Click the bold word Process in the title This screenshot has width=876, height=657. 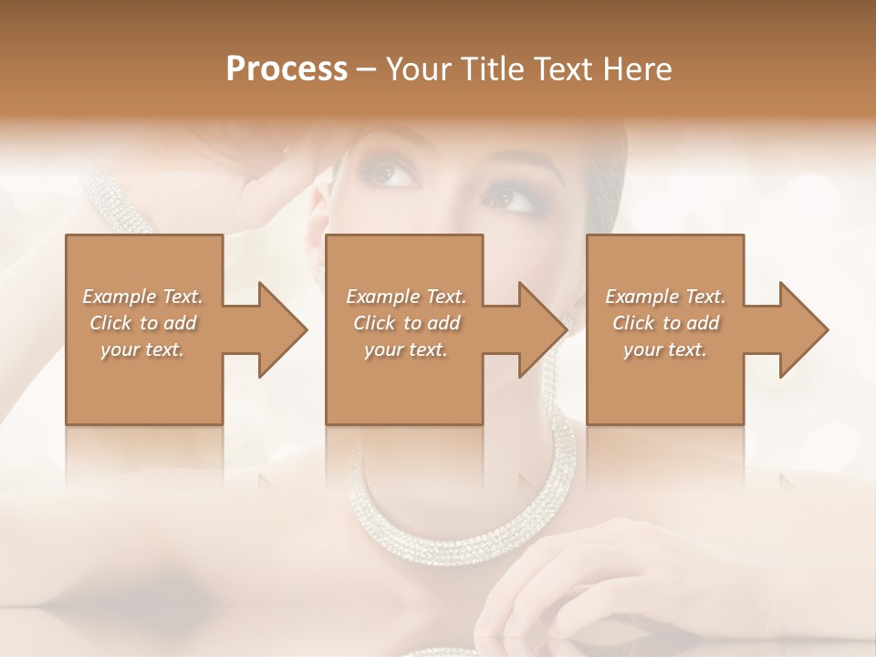pyautogui.click(x=287, y=69)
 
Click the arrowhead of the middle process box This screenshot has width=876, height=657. pyautogui.click(x=542, y=329)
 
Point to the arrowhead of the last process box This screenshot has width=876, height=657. pyautogui.click(x=803, y=329)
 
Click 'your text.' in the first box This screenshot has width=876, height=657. pyautogui.click(x=142, y=349)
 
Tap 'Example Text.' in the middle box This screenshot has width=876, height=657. pyautogui.click(x=405, y=297)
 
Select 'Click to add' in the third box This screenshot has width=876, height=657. pyautogui.click(x=665, y=323)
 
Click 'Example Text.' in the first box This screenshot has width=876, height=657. pyautogui.click(x=142, y=297)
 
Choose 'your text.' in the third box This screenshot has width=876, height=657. pyautogui.click(x=665, y=349)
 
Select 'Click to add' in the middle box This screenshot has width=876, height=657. pyautogui.click(x=405, y=323)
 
